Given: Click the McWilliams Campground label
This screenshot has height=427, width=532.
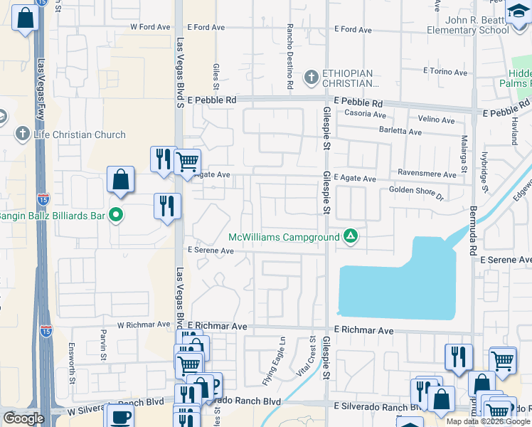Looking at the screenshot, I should [284, 237].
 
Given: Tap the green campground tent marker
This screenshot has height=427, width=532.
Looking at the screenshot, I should [350, 235].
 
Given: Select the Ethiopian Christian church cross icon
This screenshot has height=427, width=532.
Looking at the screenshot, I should [311, 76].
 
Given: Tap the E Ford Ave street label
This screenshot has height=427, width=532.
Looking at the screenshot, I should [356, 29].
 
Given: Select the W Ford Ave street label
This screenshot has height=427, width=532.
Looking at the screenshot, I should [150, 27].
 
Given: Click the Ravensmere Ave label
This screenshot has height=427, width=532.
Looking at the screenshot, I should [427, 174].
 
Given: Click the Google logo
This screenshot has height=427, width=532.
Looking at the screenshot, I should [23, 418].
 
